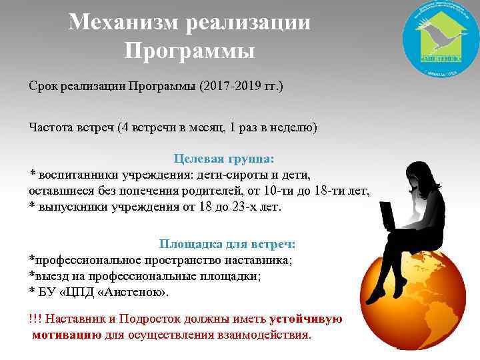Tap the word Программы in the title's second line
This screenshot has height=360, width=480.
(189, 51)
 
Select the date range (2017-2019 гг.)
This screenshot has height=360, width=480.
(241, 88)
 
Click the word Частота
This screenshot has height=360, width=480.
(53, 127)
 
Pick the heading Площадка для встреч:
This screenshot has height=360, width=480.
(227, 244)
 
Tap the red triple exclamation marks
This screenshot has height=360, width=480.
(35, 319)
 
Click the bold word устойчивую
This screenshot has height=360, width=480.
(306, 319)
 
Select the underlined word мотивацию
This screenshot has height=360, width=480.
(67, 335)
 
